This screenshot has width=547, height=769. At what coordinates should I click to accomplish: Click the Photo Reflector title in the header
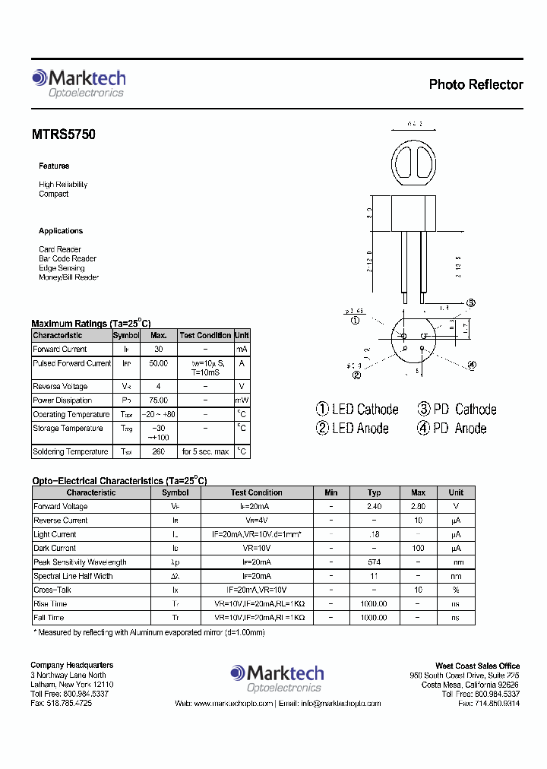tap(476, 84)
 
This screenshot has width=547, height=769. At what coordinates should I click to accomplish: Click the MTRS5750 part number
tap(63, 134)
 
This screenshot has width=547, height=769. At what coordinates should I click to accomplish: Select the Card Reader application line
tap(60, 249)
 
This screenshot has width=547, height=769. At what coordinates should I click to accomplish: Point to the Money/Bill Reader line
tap(69, 277)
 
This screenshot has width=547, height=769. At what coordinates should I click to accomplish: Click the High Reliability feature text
tap(63, 185)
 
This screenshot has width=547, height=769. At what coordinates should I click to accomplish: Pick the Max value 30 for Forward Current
tap(159, 350)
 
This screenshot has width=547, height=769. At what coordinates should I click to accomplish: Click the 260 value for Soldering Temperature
tap(159, 452)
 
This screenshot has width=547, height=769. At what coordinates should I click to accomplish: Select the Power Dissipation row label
tap(62, 400)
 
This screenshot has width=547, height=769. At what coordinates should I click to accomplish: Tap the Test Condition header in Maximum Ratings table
tap(205, 335)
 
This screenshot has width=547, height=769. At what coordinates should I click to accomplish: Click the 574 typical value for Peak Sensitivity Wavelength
tap(374, 562)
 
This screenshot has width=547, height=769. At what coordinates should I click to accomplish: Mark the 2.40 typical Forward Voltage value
tap(374, 506)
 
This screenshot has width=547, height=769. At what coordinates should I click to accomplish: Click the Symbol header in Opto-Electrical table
tap(175, 492)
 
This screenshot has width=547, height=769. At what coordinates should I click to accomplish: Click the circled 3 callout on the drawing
tap(471, 303)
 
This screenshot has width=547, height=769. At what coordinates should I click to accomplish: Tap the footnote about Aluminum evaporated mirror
tap(149, 632)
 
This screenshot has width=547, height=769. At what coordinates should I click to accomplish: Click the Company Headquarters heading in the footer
tap(72, 666)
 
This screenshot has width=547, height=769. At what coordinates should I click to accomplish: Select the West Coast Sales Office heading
tap(477, 666)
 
